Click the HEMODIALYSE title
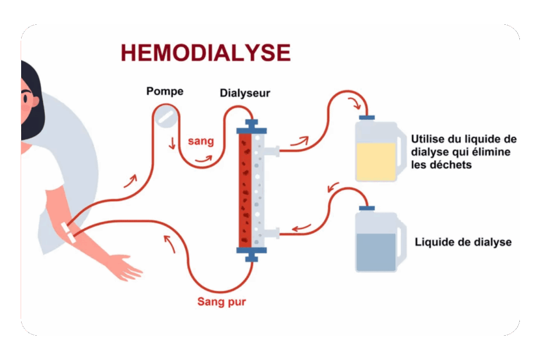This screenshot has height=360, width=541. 206,53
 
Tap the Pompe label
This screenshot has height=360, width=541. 165,91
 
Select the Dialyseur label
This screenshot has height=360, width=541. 245,93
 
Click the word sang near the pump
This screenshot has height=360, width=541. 201,141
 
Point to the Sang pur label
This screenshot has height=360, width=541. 221,302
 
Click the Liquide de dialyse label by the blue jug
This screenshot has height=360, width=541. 463,242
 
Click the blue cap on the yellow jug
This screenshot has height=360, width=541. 367,117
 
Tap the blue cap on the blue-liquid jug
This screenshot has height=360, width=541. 366,208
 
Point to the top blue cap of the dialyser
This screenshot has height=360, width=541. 251,126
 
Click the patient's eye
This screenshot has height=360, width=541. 25,98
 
